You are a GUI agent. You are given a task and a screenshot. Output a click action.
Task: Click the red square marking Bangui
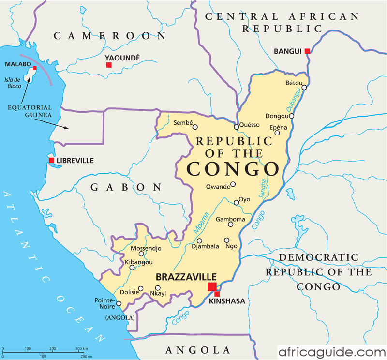tap(307, 51)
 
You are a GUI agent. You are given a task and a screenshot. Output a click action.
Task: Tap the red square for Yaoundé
tap(109, 65)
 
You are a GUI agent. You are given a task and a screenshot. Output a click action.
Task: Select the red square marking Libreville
tap(51, 160)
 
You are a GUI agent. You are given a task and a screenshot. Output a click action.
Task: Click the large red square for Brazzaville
tap(212, 287)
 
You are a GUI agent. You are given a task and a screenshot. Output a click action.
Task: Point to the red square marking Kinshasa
tap(217, 294)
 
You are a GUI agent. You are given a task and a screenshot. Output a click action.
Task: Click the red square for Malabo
tap(34, 68)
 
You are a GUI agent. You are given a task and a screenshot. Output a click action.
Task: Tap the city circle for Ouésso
tap(237, 127)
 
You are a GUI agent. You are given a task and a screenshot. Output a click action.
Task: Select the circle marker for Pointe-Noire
tap(119, 304)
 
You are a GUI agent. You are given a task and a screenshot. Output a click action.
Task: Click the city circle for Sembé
tap(195, 127)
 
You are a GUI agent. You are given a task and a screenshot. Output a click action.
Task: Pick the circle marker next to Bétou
tap(304, 88)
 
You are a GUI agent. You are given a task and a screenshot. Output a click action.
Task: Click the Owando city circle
tap(233, 184)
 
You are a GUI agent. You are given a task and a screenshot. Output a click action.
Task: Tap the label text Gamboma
tap(230, 219)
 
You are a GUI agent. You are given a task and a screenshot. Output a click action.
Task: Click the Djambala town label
tap(205, 246)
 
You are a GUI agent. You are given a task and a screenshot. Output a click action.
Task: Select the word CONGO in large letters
tap(233, 169)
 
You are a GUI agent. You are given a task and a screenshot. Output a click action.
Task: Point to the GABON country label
tap(125, 187)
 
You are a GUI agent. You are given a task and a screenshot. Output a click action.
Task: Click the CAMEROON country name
tap(110, 35)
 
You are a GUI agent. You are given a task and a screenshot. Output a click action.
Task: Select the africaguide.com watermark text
tap(332, 351)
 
